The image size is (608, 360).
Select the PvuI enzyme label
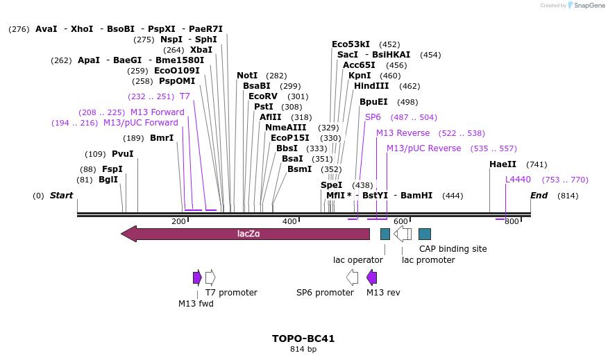click(x=123, y=154)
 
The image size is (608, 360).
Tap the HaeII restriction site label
click(x=503, y=164)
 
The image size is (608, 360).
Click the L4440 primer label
click(x=518, y=180)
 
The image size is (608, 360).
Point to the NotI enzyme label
click(x=247, y=76)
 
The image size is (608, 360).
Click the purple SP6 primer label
click(x=373, y=117)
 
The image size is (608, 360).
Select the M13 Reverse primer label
click(x=403, y=133)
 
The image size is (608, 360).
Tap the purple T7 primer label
click(x=185, y=96)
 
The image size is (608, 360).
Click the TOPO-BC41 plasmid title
click(x=303, y=339)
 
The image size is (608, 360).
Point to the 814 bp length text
click(x=303, y=350)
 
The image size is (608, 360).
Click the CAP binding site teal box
click(x=425, y=234)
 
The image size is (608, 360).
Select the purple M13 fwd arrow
click(x=197, y=277)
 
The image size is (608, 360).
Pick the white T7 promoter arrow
click(x=210, y=277)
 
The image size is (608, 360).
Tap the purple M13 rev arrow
click(x=371, y=277)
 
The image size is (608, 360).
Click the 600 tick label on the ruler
click(x=400, y=221)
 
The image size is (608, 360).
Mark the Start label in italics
click(x=61, y=196)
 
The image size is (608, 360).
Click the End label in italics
click(x=539, y=196)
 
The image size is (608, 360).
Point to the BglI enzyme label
click(x=108, y=180)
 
